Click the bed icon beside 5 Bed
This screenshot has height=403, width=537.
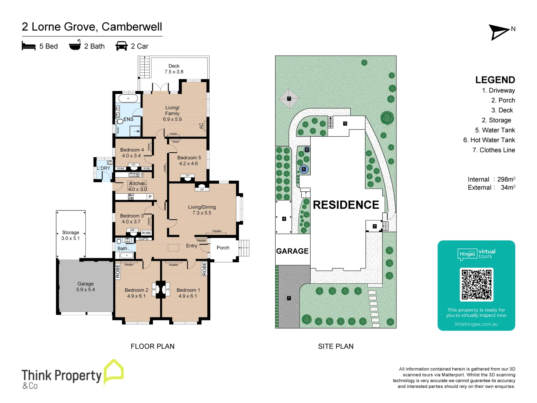click(x=29, y=46)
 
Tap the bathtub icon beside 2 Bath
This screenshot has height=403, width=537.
click(x=75, y=45)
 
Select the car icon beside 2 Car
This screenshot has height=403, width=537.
click(x=122, y=46)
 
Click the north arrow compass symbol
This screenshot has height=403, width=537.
click(x=499, y=32)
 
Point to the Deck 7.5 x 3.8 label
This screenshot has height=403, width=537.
click(x=174, y=69)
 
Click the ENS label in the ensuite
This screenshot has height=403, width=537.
click(x=128, y=119)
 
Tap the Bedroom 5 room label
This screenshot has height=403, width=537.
click(x=189, y=160)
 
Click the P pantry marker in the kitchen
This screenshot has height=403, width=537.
click(x=150, y=197)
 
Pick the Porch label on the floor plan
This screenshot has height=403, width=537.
click(x=223, y=248)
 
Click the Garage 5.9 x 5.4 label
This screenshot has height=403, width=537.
click(x=85, y=287)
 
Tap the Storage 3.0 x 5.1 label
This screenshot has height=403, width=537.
click(x=70, y=235)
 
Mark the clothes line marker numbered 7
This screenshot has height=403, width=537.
click(x=289, y=99)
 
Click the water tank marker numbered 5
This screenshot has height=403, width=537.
click(x=304, y=169)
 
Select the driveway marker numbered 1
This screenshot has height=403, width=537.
click(x=289, y=298)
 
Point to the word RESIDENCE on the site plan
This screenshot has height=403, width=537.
click(x=346, y=205)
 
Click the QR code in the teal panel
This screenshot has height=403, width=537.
click(x=476, y=284)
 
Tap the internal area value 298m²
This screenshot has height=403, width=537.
click(x=506, y=179)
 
